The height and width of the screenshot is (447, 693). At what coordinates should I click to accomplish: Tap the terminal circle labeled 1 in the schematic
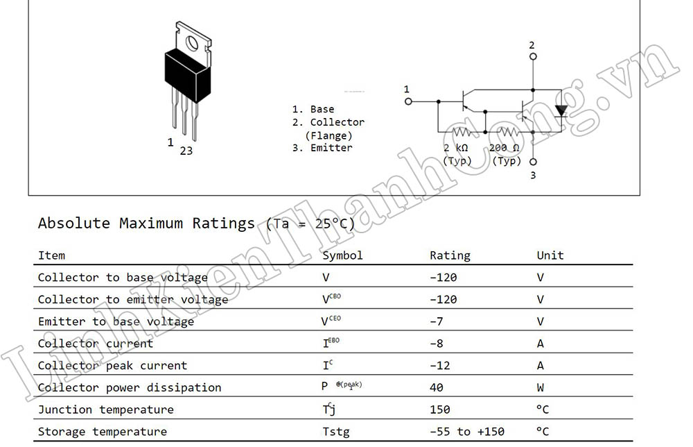click(x=408, y=101)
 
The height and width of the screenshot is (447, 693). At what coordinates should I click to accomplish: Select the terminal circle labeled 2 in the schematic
click(x=532, y=56)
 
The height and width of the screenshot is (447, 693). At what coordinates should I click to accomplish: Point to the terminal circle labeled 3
click(x=532, y=162)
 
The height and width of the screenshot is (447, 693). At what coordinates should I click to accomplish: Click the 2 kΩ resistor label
click(x=456, y=148)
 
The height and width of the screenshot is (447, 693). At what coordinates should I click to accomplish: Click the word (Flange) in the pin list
click(x=328, y=135)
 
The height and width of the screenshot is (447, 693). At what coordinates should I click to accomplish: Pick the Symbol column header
click(x=342, y=255)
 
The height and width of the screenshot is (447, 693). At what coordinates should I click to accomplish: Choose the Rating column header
click(x=450, y=255)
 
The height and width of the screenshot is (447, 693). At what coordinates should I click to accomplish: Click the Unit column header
click(x=550, y=255)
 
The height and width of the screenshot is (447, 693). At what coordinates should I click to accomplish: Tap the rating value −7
click(x=437, y=321)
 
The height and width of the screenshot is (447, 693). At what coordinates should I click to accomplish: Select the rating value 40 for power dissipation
click(x=437, y=387)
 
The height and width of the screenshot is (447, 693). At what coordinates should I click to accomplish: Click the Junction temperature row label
click(x=105, y=410)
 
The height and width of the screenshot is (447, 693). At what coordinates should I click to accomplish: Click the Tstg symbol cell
click(x=335, y=432)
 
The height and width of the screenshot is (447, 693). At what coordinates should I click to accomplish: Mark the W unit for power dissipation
click(x=541, y=387)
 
